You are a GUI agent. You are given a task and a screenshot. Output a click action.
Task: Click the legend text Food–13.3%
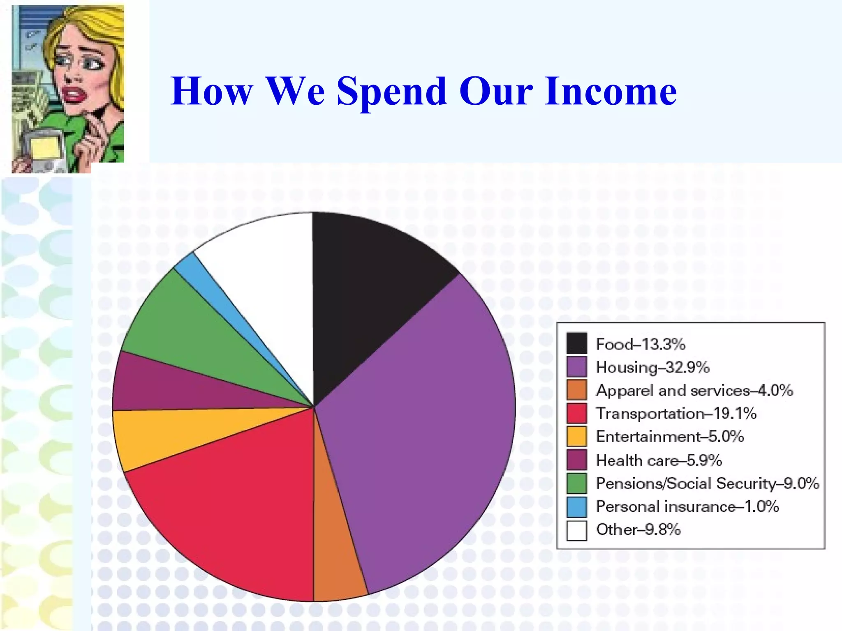[640, 344]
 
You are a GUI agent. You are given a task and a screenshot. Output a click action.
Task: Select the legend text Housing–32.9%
[652, 367]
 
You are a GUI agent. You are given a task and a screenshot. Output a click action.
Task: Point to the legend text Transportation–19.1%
[676, 413]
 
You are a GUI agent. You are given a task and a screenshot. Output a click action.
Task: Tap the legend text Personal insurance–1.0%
[687, 506]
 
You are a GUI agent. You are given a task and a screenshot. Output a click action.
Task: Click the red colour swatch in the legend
[576, 413]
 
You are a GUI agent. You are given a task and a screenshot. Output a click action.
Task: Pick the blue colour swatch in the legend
[576, 507]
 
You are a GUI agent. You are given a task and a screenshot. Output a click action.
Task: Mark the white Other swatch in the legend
[576, 530]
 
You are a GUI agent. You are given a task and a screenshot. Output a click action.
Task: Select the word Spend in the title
[391, 92]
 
